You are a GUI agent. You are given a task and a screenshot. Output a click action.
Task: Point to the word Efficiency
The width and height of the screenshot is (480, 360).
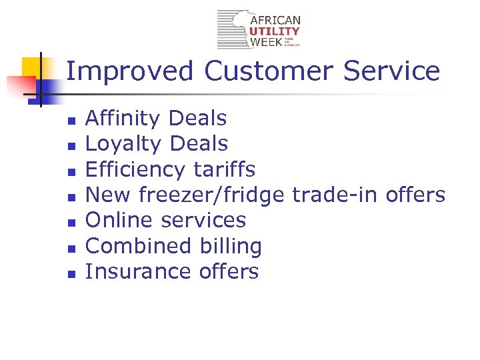click(x=136, y=169)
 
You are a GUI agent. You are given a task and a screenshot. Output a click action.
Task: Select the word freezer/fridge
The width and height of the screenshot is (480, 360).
click(x=214, y=195)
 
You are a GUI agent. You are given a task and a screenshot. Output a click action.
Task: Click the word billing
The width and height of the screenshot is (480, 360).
click(x=232, y=246)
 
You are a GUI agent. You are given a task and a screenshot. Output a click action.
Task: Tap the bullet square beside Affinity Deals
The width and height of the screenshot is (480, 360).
click(x=72, y=121)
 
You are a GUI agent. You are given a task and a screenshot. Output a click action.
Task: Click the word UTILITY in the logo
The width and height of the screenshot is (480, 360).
click(x=275, y=31)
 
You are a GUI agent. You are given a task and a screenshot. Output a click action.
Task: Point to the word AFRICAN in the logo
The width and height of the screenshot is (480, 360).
click(x=275, y=21)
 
